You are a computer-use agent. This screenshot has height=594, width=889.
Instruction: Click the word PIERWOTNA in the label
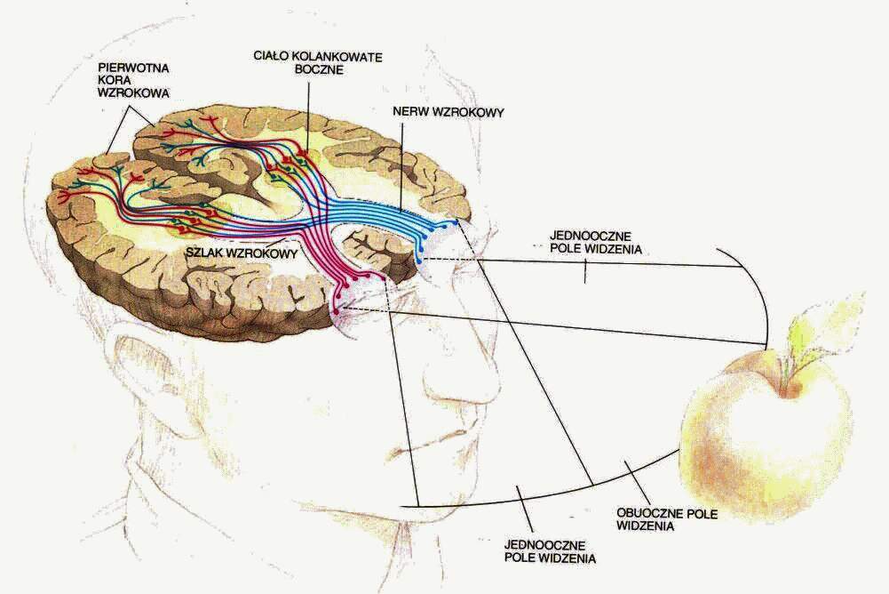tap(133, 68)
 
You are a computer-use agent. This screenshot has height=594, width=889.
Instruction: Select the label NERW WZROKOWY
tap(448, 112)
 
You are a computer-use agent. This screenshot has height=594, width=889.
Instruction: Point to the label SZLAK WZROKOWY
tap(242, 253)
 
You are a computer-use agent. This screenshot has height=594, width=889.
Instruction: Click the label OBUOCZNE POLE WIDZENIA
tap(667, 519)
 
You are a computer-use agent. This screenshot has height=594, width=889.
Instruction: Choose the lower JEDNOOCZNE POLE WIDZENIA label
tap(550, 551)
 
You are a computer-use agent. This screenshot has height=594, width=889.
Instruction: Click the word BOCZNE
tap(320, 70)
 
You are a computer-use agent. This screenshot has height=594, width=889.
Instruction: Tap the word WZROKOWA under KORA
tap(133, 93)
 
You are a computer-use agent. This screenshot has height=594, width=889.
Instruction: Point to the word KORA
tap(115, 81)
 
